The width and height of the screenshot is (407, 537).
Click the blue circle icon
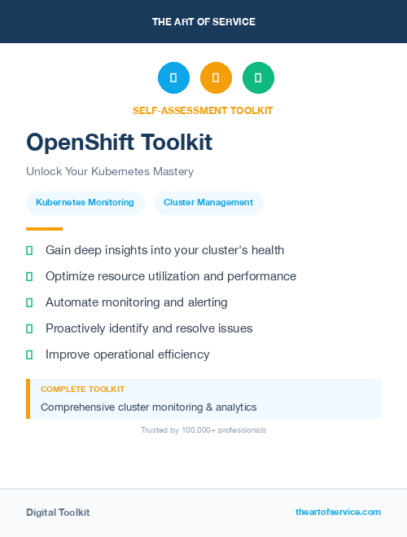click(173, 78)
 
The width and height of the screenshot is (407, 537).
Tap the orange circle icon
click(216, 78)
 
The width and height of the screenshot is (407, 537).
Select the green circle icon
click(258, 78)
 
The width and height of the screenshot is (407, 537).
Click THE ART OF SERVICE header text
click(203, 22)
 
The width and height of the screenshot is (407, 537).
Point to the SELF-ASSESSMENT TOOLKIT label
click(203, 111)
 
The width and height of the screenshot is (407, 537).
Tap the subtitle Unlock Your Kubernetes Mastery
click(110, 172)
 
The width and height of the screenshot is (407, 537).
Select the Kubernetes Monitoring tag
click(85, 203)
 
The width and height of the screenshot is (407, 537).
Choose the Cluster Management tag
click(208, 203)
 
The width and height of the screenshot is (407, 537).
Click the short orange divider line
click(44, 229)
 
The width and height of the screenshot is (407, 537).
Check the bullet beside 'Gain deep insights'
click(29, 250)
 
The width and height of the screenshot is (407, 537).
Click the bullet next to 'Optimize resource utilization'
click(29, 276)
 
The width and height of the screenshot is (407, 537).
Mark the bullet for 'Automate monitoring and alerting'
click(29, 302)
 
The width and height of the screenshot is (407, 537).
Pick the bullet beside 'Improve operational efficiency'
click(29, 354)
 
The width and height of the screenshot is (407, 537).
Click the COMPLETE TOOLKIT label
click(82, 390)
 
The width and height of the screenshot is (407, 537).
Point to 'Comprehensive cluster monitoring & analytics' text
click(148, 407)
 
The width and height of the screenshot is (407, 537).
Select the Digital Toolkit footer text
click(58, 513)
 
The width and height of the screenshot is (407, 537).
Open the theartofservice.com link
click(338, 512)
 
